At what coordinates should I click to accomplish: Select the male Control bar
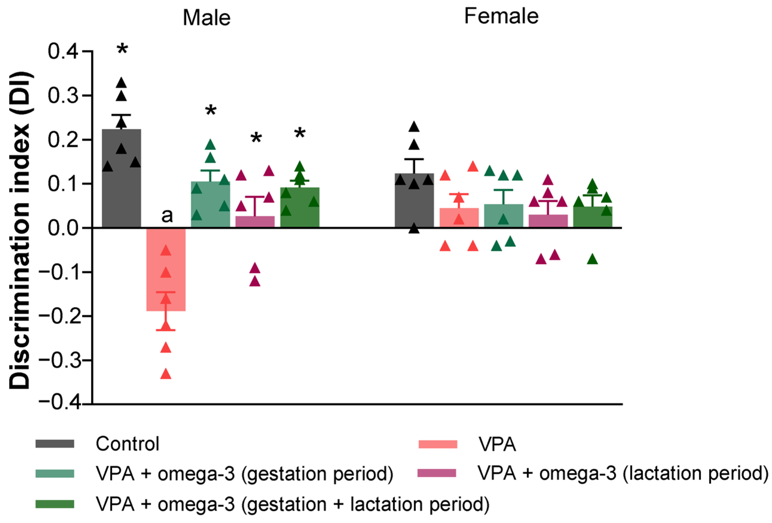point(121,186)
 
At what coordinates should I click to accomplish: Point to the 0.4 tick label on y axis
point(63,51)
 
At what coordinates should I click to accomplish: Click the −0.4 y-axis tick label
point(59,404)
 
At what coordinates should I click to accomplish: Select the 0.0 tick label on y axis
point(63,228)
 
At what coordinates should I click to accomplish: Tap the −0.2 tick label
point(59,316)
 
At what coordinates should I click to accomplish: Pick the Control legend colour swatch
point(55,444)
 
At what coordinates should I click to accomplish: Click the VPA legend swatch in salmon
point(437,444)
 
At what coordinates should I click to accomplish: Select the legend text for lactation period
point(623,473)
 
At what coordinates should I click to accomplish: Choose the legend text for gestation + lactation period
point(292,504)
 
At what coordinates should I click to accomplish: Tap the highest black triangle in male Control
point(122,82)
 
